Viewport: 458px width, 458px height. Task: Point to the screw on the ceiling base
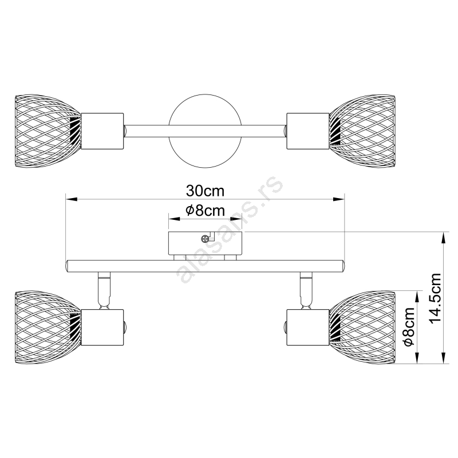tap(205, 238)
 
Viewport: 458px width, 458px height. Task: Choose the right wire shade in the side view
tap(364, 326)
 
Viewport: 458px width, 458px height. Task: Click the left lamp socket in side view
tap(102, 326)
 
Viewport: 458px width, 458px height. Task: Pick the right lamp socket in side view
tap(307, 326)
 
